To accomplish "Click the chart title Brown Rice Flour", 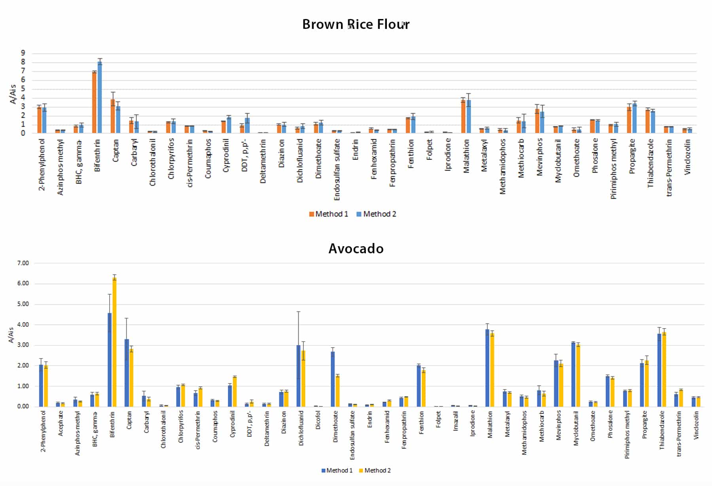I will tap(356, 25).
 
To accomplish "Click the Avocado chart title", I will tap(356, 249).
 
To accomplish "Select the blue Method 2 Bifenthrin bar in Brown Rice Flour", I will tap(100, 97).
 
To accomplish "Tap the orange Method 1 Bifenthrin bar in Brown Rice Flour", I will tap(95, 102).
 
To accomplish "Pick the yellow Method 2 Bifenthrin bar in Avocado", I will tap(114, 342).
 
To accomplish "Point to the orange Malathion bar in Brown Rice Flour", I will tap(463, 116).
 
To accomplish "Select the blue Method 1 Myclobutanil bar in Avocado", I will tap(573, 374).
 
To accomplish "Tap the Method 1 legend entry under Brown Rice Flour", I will tap(329, 214).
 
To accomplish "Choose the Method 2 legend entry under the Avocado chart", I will tap(375, 470).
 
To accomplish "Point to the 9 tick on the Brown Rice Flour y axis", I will tap(23, 53).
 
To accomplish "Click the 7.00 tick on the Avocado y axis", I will tap(23, 263).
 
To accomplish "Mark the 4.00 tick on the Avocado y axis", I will tap(23, 325).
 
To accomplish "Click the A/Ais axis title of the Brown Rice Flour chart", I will tap(13, 94).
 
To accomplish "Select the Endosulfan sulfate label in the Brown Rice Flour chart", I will tap(337, 169).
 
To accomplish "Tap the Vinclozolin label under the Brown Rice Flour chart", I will tap(687, 157).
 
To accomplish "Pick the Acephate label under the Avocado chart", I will tap(61, 423).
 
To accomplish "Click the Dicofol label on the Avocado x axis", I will tap(318, 420).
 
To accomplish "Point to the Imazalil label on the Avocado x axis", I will tap(456, 421).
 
